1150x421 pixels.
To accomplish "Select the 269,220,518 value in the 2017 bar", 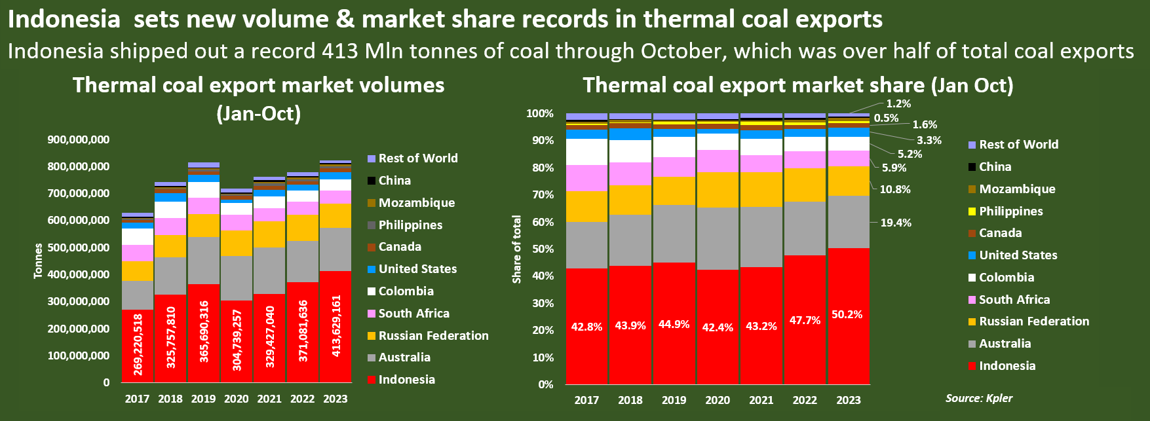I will tap(138, 345).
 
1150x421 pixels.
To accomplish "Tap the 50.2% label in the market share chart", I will tap(847, 314).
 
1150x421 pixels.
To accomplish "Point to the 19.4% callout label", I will tap(896, 223).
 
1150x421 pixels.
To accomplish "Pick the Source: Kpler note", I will tap(979, 398).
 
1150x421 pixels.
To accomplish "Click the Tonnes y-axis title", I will tap(38, 261).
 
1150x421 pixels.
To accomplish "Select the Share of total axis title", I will tap(517, 249).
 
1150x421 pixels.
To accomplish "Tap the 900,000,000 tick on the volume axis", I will tap(79, 139).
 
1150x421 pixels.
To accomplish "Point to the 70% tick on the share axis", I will tap(541, 194).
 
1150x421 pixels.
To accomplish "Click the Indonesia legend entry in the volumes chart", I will tap(406, 380).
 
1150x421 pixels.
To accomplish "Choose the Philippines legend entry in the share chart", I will tap(1010, 211).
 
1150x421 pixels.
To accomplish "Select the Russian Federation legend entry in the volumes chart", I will tap(433, 335).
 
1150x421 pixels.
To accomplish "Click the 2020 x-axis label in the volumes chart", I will tap(237, 399).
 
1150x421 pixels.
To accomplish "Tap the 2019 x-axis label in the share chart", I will tap(674, 400).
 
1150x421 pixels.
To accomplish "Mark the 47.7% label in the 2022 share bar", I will tap(805, 321).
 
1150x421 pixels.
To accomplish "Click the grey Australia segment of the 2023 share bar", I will tap(849, 222).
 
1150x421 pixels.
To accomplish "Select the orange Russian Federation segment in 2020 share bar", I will tap(718, 190).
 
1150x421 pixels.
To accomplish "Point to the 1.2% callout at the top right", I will tap(898, 103).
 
